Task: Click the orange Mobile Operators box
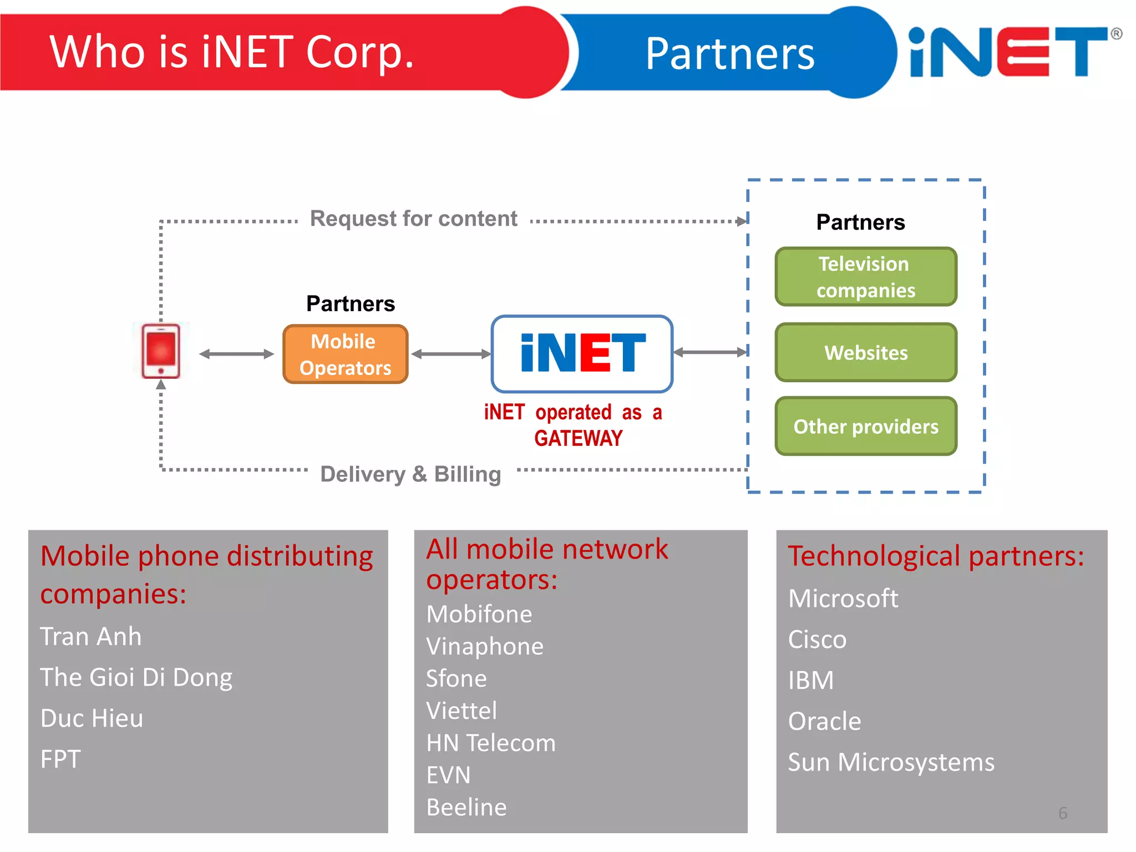click(x=345, y=354)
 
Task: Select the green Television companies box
click(x=865, y=277)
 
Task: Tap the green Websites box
click(x=865, y=353)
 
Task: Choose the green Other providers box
click(x=865, y=427)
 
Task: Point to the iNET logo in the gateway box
click(x=582, y=353)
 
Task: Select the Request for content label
click(x=413, y=219)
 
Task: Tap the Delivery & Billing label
click(x=410, y=475)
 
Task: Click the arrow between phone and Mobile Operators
click(x=236, y=354)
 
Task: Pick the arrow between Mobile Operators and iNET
click(x=450, y=354)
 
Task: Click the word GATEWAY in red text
click(x=578, y=439)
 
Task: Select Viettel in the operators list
click(x=461, y=711)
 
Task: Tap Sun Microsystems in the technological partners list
click(x=891, y=763)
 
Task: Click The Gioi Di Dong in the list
click(x=136, y=678)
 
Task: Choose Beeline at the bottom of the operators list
click(x=466, y=808)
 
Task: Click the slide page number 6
click(x=1062, y=813)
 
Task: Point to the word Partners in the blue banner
click(x=729, y=54)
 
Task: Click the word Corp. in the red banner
click(x=359, y=52)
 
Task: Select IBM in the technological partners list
click(x=811, y=681)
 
